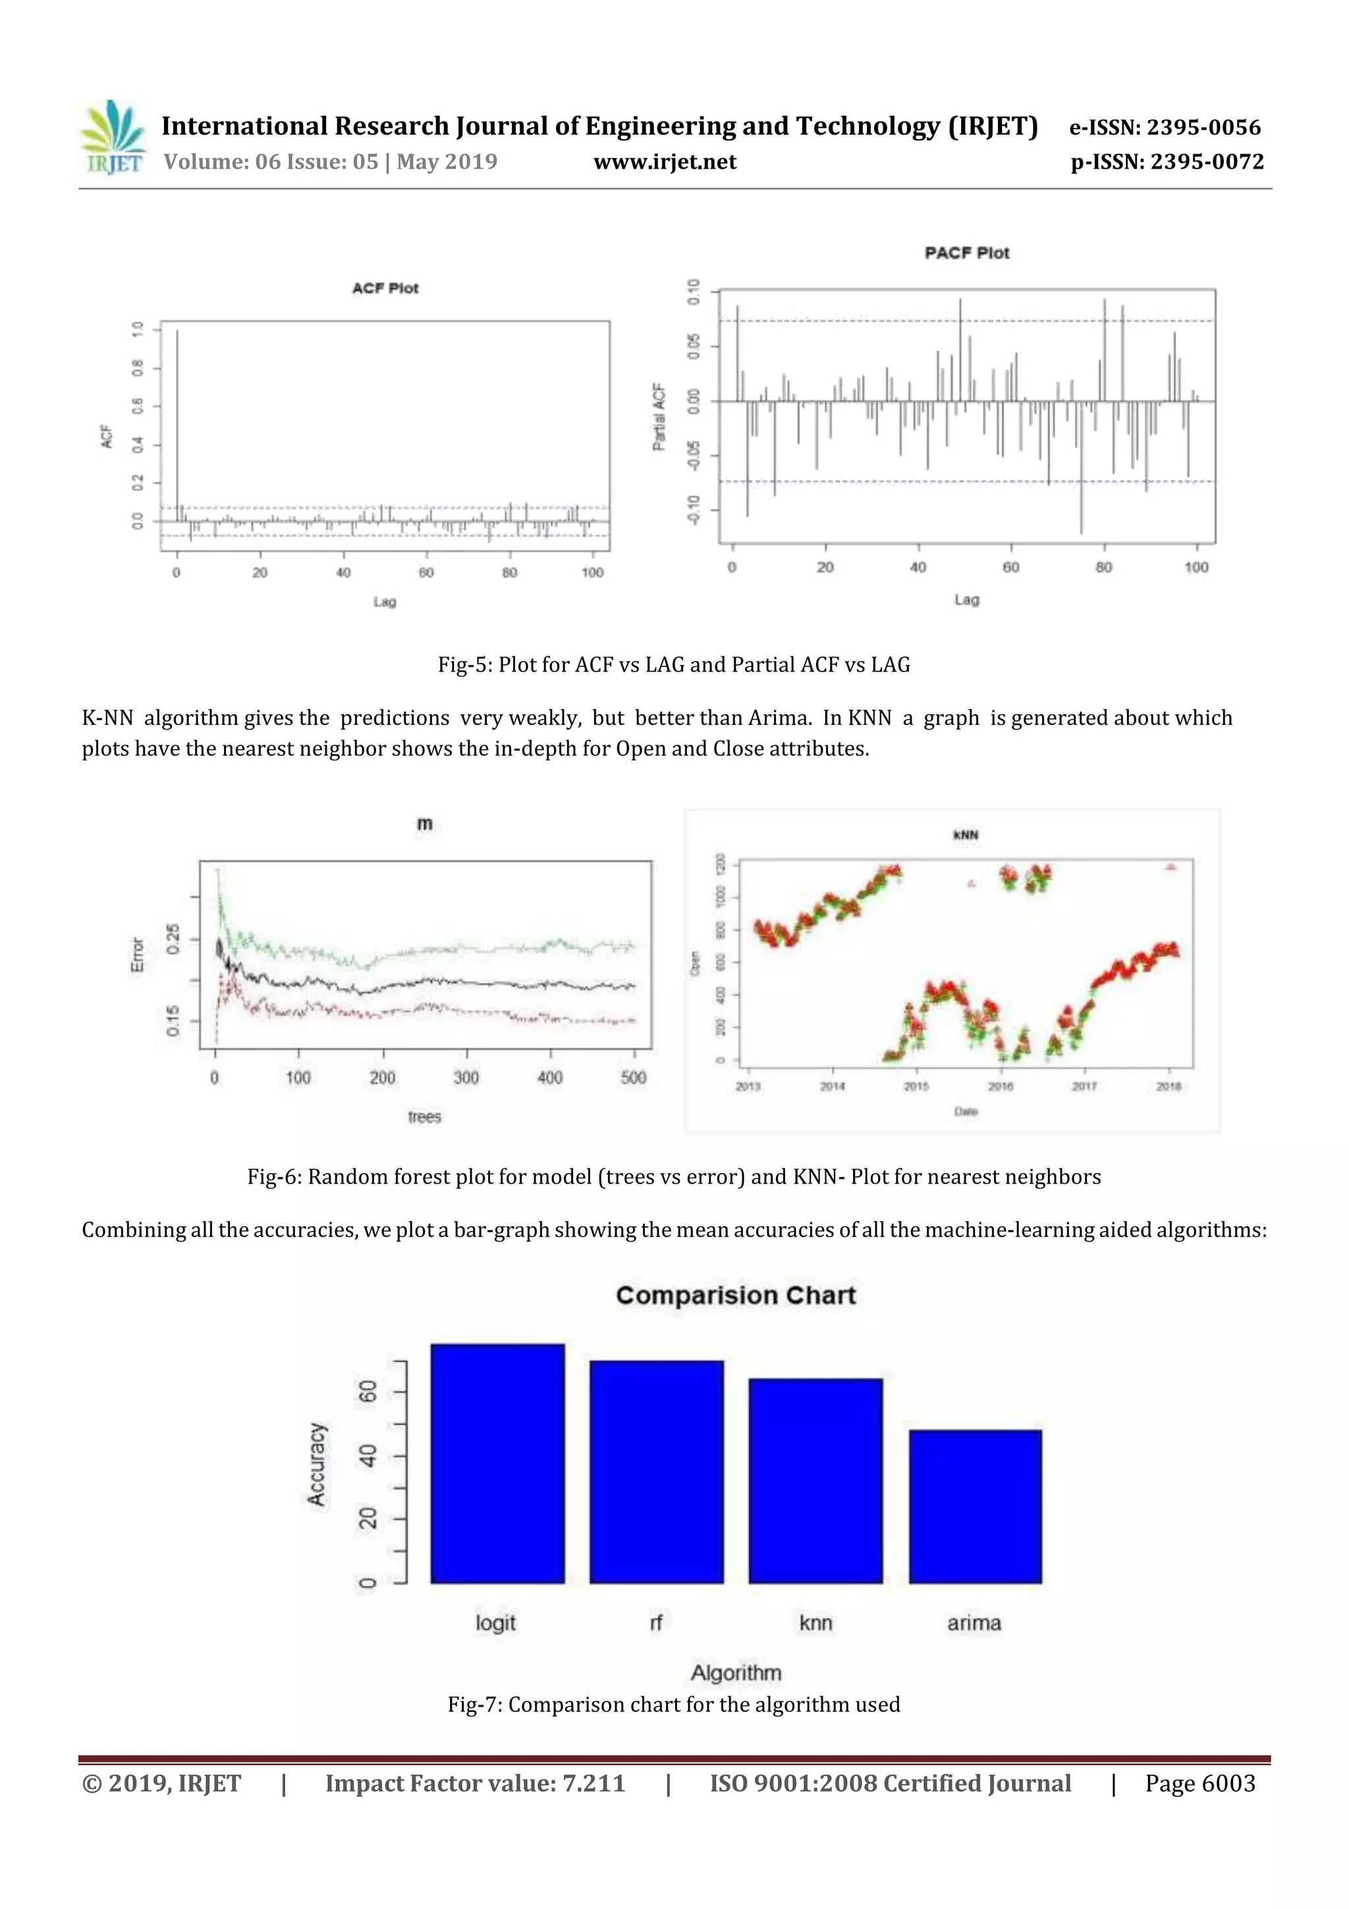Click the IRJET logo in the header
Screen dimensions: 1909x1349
point(112,138)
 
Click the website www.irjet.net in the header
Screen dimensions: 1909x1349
point(664,162)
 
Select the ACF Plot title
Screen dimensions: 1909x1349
point(385,289)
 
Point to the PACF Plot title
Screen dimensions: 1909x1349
point(967,253)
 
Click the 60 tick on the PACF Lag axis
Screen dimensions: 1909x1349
point(1010,567)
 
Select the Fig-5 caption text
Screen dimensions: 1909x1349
point(674,665)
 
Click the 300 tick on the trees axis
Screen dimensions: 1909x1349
point(466,1077)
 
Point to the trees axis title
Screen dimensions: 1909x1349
point(424,1117)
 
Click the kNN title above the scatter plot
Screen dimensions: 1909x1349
point(965,834)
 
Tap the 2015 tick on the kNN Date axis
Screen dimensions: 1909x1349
point(916,1086)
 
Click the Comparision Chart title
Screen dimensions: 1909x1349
point(736,1296)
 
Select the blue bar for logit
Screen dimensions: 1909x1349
point(497,1464)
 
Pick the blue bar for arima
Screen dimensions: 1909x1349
point(975,1506)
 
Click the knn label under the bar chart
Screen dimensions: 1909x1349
point(815,1622)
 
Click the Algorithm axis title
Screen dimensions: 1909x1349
point(736,1672)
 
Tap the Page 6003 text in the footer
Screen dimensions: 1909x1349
point(1199,1783)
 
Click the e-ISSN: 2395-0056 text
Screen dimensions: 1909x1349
point(1165,127)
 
